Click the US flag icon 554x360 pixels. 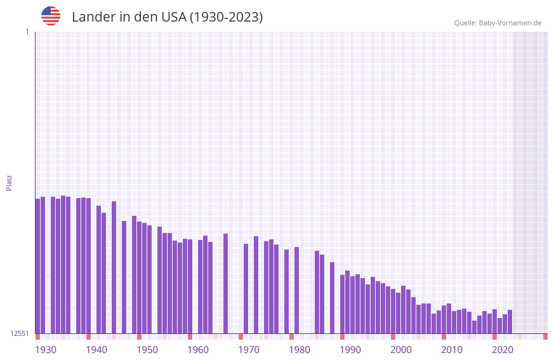(51, 16)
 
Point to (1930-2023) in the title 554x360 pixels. (227, 17)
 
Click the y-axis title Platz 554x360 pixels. (9, 182)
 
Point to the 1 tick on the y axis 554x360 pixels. (27, 32)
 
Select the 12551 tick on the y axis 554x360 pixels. (20, 333)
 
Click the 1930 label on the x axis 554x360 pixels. (46, 350)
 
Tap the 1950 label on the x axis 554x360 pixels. (147, 350)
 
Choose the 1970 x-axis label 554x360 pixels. (249, 350)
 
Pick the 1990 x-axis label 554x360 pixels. (350, 350)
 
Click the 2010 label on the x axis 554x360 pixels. (452, 350)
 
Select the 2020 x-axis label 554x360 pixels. (503, 350)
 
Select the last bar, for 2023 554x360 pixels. (510, 321)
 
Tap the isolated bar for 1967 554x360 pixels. (225, 283)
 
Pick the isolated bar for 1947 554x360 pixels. (124, 277)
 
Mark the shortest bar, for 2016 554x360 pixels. (474, 327)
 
